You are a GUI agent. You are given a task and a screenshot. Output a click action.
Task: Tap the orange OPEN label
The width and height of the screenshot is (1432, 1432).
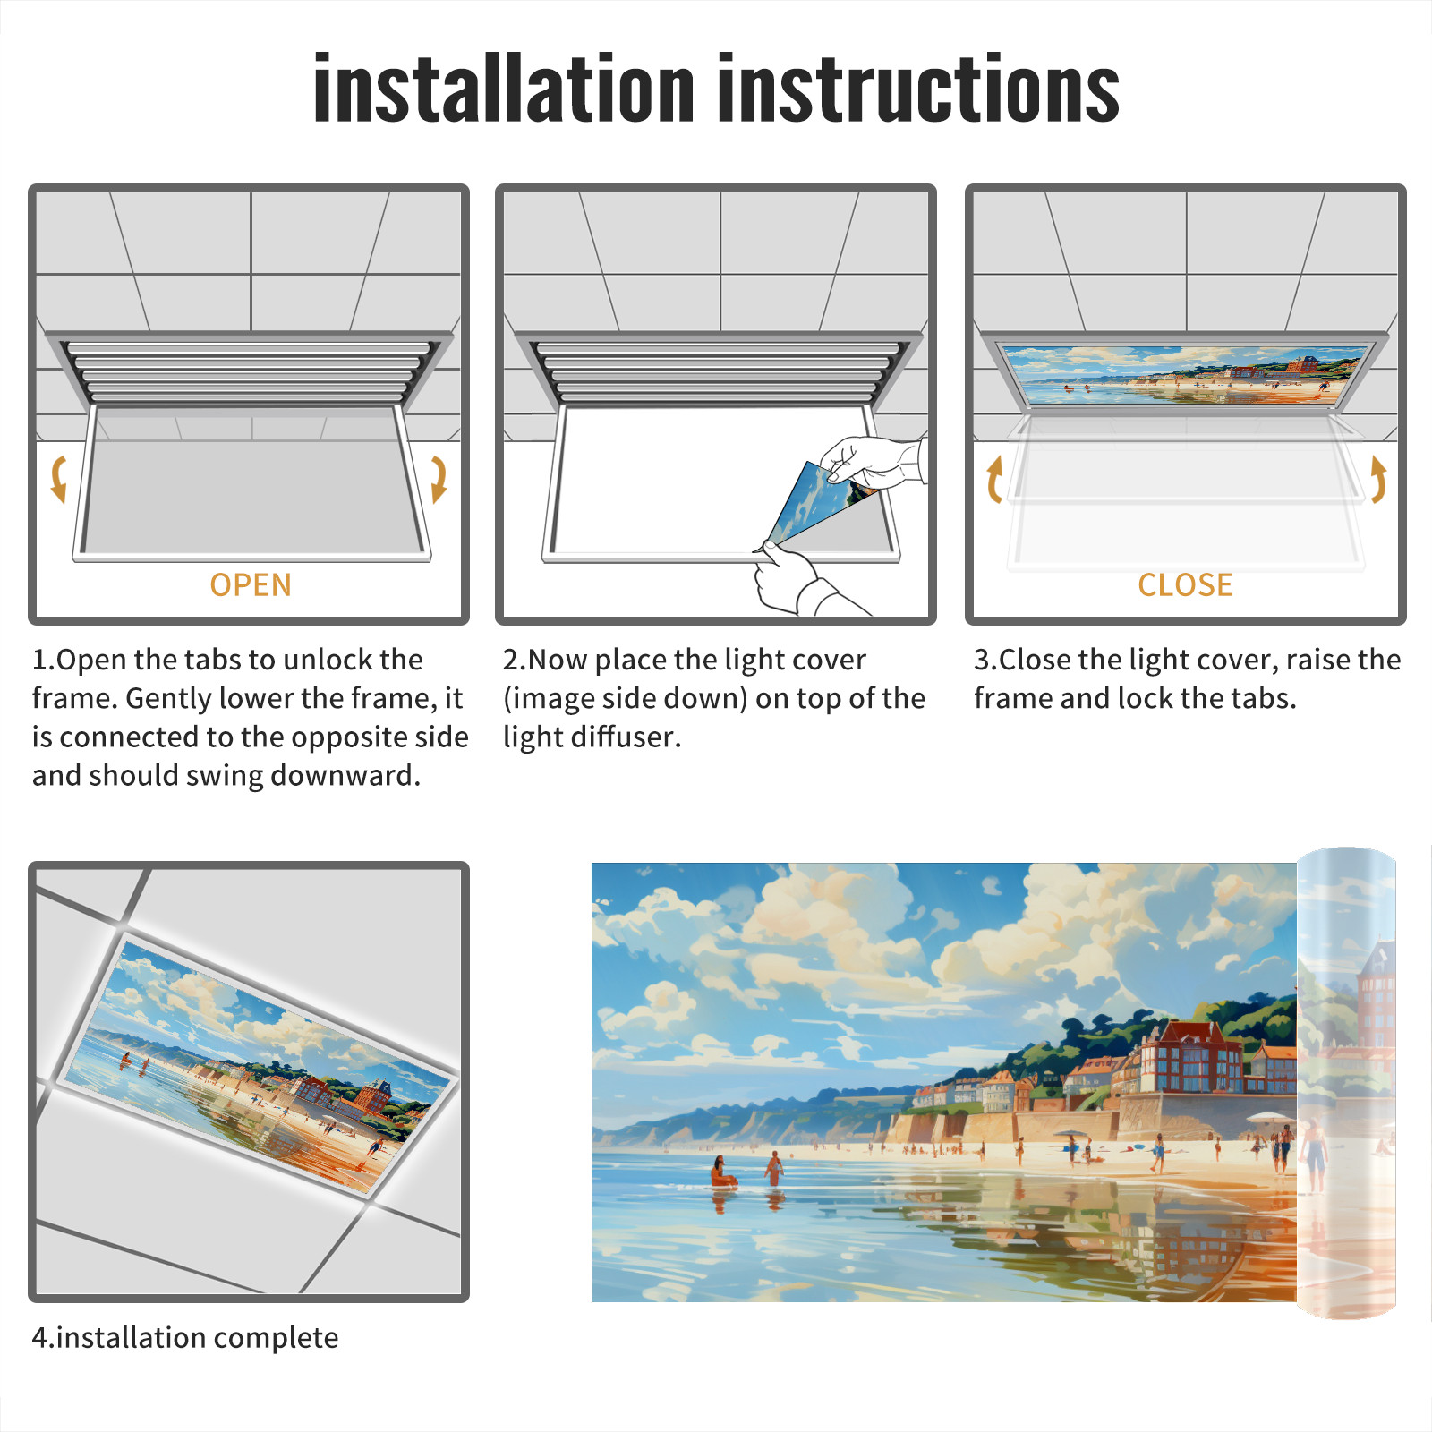point(251,585)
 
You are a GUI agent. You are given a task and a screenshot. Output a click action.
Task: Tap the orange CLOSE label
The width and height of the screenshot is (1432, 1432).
point(1185,585)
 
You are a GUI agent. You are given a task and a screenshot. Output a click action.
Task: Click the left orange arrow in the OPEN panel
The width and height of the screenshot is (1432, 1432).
point(59,479)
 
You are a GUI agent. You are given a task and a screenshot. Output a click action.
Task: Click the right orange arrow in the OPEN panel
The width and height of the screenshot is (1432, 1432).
point(439,479)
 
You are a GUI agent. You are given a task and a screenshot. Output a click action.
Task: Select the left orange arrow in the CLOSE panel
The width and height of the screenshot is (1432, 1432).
point(994,479)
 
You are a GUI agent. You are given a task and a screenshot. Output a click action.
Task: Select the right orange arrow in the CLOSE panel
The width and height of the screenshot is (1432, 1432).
point(1378,479)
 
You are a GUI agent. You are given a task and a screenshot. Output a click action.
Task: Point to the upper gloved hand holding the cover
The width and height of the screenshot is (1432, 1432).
point(873,461)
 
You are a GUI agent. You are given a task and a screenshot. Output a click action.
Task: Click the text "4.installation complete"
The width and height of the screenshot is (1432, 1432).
point(185,1337)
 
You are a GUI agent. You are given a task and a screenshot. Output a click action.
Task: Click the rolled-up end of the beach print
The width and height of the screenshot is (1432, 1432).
point(1346,1083)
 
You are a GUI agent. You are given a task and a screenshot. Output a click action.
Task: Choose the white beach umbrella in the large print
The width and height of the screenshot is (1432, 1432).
point(1266,1119)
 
